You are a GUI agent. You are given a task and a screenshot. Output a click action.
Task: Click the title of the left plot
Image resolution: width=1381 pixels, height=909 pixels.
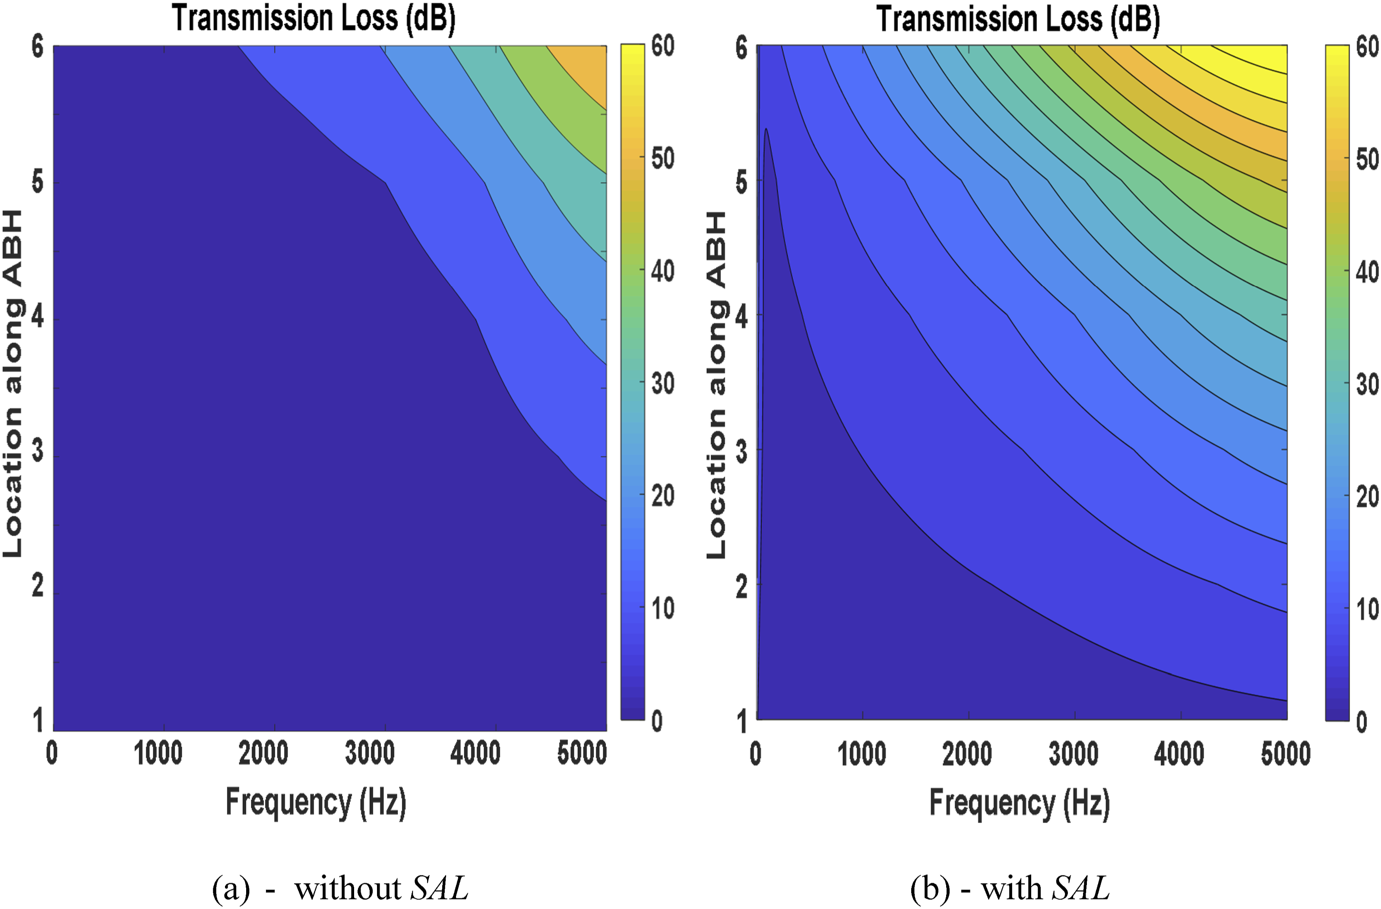point(314,19)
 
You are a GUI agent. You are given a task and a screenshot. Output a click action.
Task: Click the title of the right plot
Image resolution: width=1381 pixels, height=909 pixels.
point(1018,19)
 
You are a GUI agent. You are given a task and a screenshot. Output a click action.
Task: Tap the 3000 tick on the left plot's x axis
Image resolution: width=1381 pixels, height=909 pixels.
point(370,753)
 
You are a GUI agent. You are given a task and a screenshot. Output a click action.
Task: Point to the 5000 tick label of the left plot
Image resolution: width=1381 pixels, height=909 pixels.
point(582,753)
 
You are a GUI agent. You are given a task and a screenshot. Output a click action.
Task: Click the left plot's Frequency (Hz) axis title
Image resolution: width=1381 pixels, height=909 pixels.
point(316,803)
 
